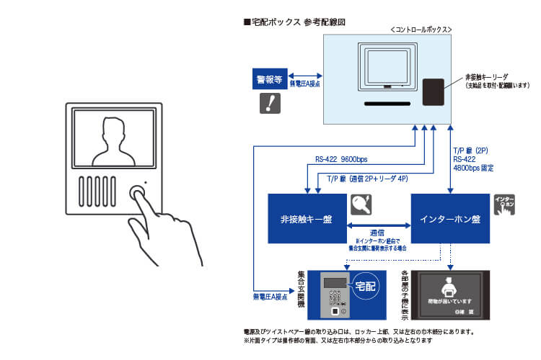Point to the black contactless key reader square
433,92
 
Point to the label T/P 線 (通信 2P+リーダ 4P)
367,179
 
